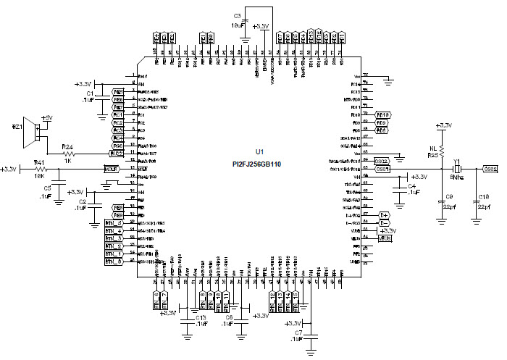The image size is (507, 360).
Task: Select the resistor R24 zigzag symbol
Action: (x=70, y=154)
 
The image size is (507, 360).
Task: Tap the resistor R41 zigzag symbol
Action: (x=40, y=169)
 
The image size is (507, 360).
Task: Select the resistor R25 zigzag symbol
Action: (x=440, y=151)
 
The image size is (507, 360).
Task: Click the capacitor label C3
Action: (x=237, y=16)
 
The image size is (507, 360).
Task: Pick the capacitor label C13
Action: (x=201, y=317)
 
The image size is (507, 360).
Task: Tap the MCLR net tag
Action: (x=111, y=169)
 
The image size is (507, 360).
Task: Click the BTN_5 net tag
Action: (x=114, y=222)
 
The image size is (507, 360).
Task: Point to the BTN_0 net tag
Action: (x=114, y=262)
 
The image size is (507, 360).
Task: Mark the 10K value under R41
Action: (x=39, y=177)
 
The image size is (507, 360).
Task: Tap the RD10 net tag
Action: (x=384, y=115)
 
